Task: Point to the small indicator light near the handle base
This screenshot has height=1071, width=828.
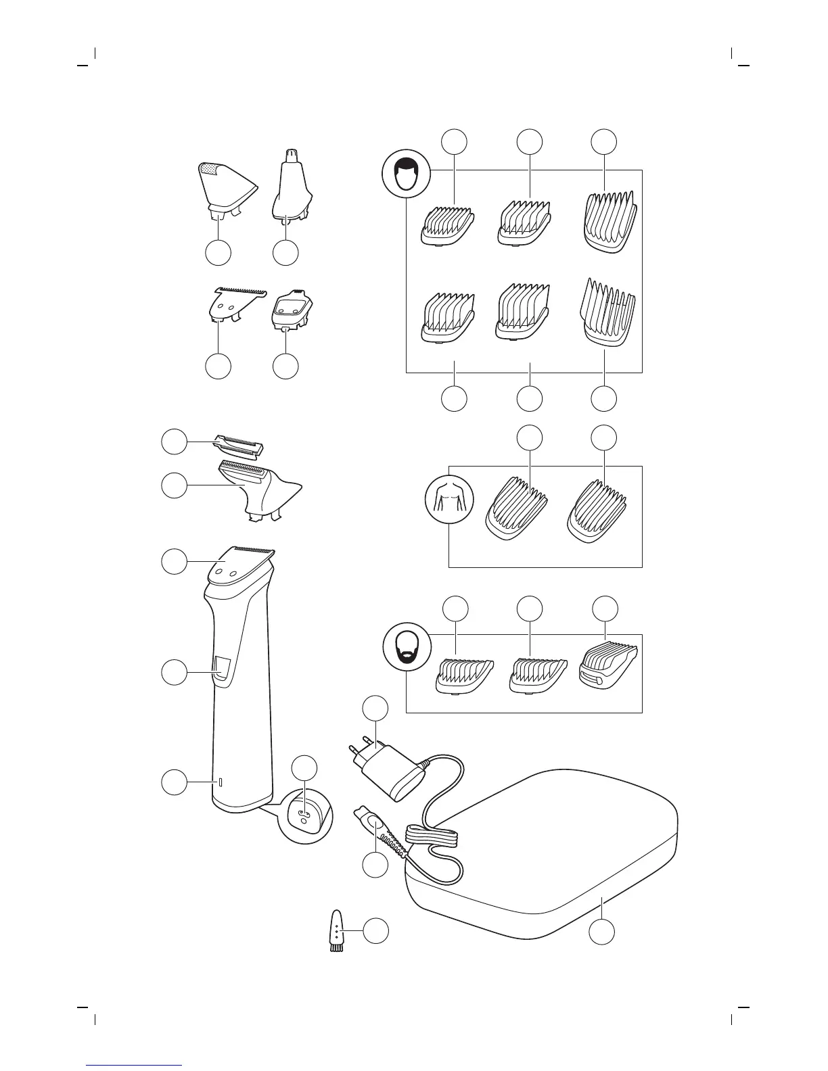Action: click(220, 783)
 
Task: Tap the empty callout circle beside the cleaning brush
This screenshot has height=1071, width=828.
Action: click(376, 931)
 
